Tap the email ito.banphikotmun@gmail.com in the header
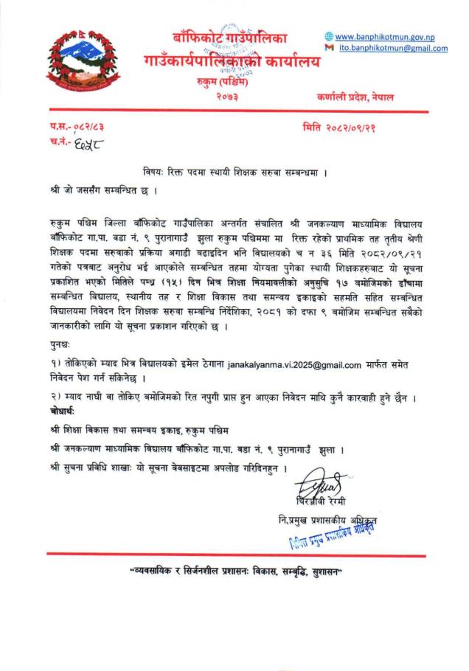[393, 49]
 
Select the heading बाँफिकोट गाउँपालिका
[230, 38]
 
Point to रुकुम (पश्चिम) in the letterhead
[230, 82]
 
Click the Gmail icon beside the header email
[329, 49]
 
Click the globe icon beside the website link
[329, 37]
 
